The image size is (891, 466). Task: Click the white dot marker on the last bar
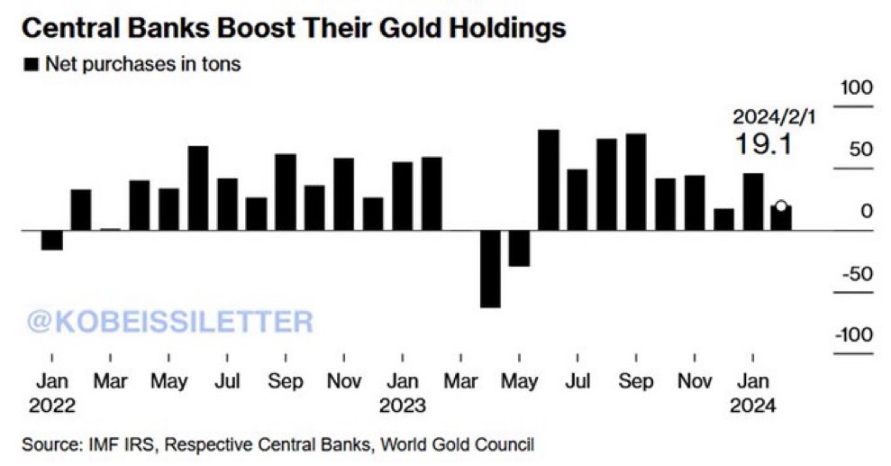(x=781, y=206)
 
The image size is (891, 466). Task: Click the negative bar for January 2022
(x=52, y=240)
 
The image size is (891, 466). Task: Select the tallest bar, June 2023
(x=548, y=180)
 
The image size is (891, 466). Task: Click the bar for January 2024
(x=753, y=202)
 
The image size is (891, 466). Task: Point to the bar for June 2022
(x=198, y=188)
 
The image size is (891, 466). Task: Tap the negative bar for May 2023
(x=519, y=248)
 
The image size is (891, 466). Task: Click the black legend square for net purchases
(x=32, y=64)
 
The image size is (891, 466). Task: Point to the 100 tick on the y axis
(x=855, y=88)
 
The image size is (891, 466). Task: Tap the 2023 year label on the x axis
(x=403, y=405)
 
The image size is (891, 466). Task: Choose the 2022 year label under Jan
(x=52, y=405)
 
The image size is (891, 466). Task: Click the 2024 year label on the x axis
(x=753, y=405)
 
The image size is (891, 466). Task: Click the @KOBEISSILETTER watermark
(x=170, y=321)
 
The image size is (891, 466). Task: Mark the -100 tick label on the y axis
(x=854, y=335)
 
